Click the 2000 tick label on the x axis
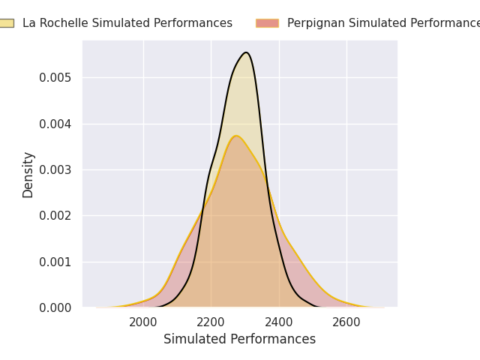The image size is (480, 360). point(143,322)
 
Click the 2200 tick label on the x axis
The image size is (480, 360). point(211,322)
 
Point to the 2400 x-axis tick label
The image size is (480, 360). point(279,322)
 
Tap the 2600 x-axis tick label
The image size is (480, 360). point(346,322)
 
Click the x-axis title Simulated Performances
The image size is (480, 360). point(239,339)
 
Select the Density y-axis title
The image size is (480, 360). point(28,175)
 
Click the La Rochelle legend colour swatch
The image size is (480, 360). point(5,23)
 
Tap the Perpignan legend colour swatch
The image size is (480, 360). point(267,23)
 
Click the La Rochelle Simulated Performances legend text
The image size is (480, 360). point(127,23)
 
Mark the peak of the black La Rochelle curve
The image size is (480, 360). point(245,52)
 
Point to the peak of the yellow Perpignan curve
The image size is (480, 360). point(236,136)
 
